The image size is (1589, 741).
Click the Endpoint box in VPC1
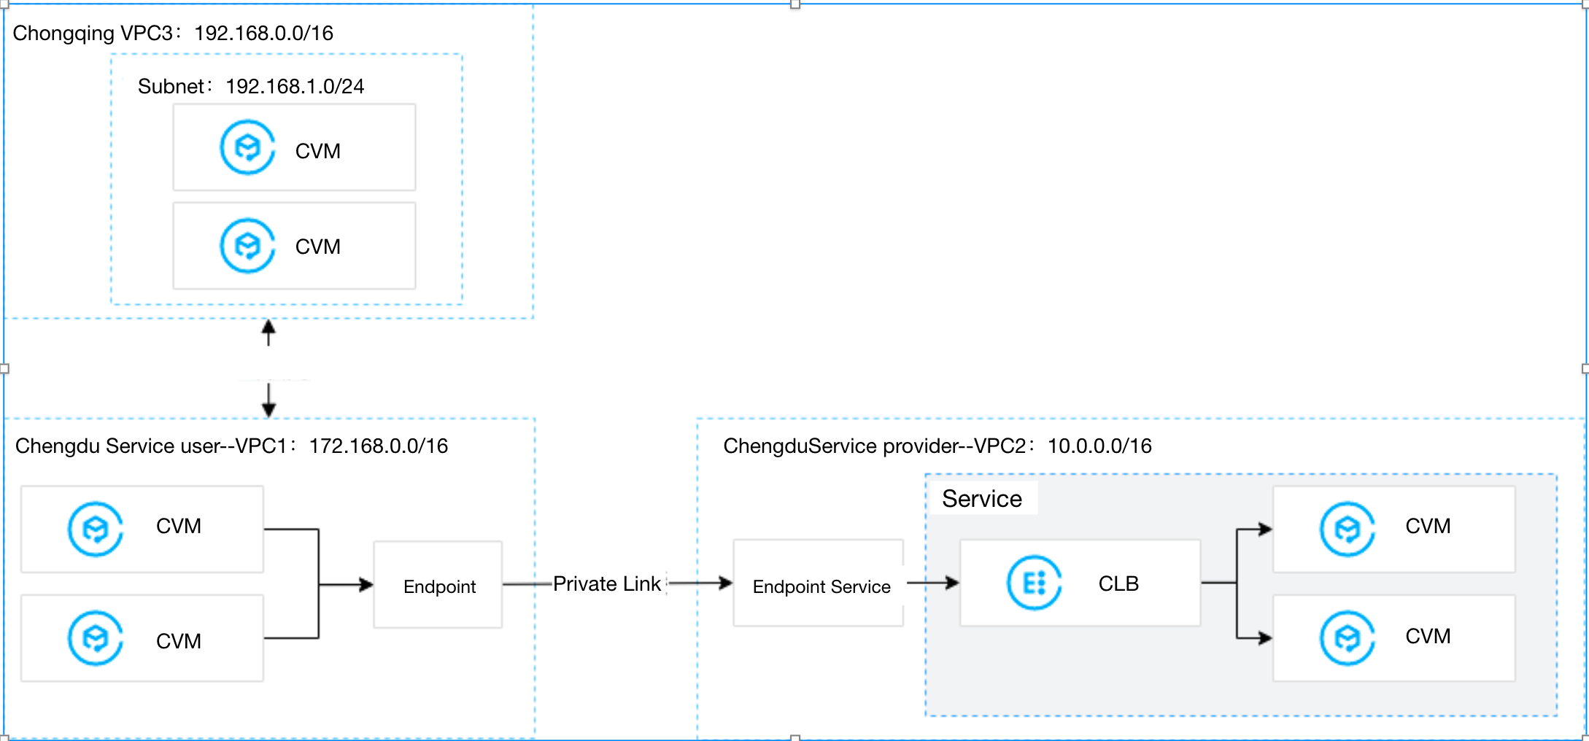coord(438,585)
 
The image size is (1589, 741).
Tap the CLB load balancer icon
coord(1034,583)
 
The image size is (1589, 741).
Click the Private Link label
coord(606,583)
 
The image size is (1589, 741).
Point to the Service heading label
coord(981,499)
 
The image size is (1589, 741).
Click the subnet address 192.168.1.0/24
coord(295,87)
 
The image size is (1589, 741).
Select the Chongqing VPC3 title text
coord(94,34)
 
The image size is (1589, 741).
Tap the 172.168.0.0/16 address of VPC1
coord(378,446)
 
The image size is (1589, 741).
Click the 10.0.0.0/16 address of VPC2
coord(1099,446)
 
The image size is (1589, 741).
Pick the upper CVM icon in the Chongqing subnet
coord(247,147)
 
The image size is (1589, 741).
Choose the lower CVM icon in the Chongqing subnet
coord(247,246)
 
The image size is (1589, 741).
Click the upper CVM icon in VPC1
coord(96,529)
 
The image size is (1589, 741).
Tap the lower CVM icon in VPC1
coord(96,638)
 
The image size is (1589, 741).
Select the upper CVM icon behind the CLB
coord(1347,529)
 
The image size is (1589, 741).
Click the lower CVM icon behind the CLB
coord(1347,638)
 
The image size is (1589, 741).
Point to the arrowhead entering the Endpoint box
coord(366,584)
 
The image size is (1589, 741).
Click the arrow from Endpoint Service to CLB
coord(933,583)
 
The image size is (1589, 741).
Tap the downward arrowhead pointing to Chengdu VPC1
coord(268,409)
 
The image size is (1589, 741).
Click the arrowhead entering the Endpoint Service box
coord(725,583)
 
